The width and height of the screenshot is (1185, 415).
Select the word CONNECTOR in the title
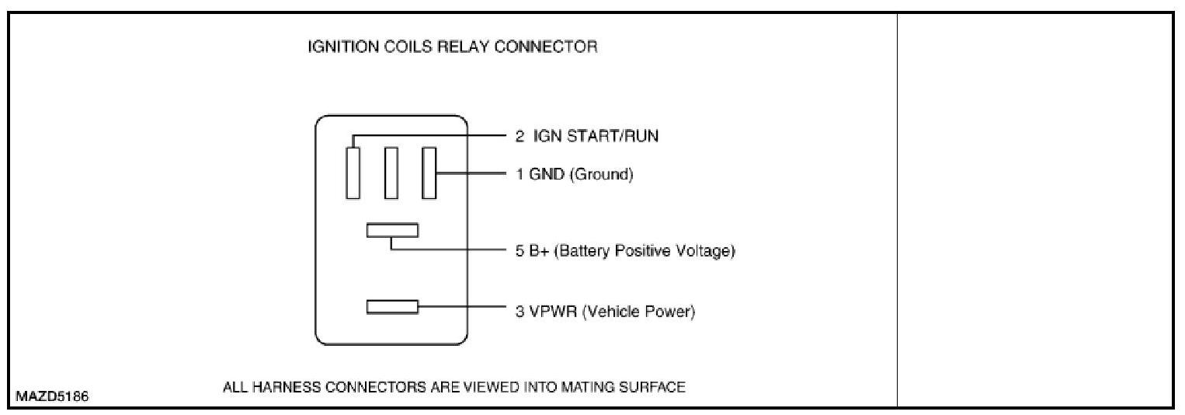tap(546, 47)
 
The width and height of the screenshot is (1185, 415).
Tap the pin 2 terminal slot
tap(353, 173)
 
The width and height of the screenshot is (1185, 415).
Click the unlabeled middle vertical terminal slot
tap(391, 173)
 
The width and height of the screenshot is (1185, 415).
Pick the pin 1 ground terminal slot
tap(429, 173)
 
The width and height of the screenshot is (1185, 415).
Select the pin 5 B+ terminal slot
tap(392, 230)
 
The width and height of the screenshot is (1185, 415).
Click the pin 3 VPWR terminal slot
tap(392, 307)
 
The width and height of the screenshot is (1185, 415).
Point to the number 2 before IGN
tap(520, 137)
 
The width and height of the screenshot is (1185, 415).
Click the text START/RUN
tap(613, 137)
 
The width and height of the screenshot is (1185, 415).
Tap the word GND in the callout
tap(547, 174)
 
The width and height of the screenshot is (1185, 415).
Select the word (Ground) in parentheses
tap(602, 174)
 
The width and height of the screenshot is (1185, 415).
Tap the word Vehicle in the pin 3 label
tap(611, 311)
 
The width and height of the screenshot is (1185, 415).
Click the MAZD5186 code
tap(52, 396)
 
